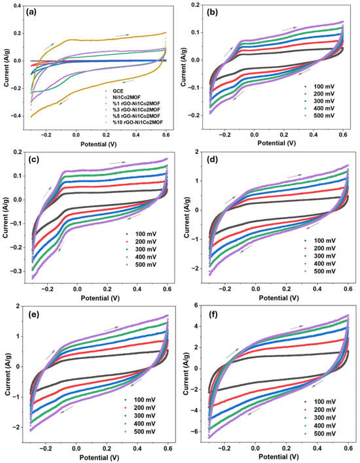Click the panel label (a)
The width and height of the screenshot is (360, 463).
pyautogui.click(x=32, y=12)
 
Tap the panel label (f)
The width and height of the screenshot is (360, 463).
pyautogui.click(x=213, y=315)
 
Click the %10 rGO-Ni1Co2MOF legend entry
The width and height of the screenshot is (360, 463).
pyautogui.click(x=135, y=122)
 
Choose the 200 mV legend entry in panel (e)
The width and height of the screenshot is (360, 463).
pyautogui.click(x=140, y=408)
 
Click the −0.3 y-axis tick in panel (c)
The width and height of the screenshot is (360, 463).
pyautogui.click(x=20, y=271)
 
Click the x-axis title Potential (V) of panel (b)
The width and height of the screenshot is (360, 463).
pyautogui.click(x=277, y=143)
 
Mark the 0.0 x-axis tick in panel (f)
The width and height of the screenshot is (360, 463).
pyautogui.click(x=255, y=447)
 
